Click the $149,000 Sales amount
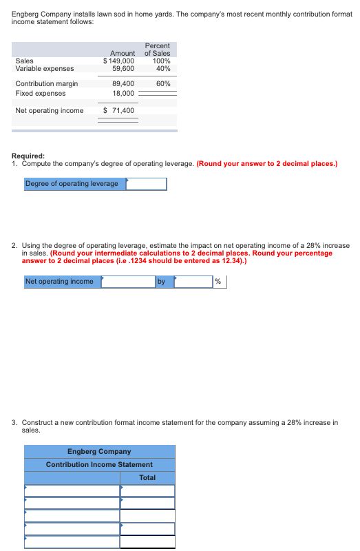pyautogui.click(x=118, y=61)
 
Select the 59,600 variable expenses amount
pyautogui.click(x=123, y=68)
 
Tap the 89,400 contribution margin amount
pyautogui.click(x=123, y=83)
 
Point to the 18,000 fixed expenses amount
pyautogui.click(x=123, y=93)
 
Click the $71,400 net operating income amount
pyautogui.click(x=118, y=110)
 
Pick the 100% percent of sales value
pyautogui.click(x=161, y=61)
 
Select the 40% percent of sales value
pyautogui.click(x=163, y=68)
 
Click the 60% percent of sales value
pyautogui.click(x=163, y=83)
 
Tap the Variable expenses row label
pyautogui.click(x=45, y=68)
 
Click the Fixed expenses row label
pyautogui.click(x=41, y=93)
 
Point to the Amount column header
pyautogui.click(x=123, y=53)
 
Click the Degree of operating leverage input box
pyautogui.click(x=146, y=184)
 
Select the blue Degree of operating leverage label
pyautogui.click(x=72, y=184)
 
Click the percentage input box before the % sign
pyautogui.click(x=193, y=281)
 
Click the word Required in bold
pyautogui.click(x=28, y=156)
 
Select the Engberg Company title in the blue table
pyautogui.click(x=99, y=452)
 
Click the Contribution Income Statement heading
pyautogui.click(x=99, y=464)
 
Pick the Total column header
pyautogui.click(x=147, y=477)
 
